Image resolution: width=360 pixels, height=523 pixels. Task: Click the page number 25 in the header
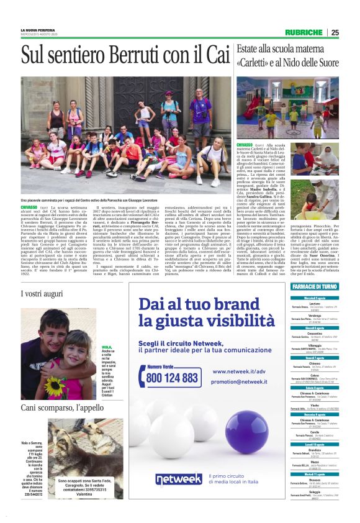352,33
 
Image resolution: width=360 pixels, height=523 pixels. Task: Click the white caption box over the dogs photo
90,503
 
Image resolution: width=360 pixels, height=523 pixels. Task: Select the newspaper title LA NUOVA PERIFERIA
40,30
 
